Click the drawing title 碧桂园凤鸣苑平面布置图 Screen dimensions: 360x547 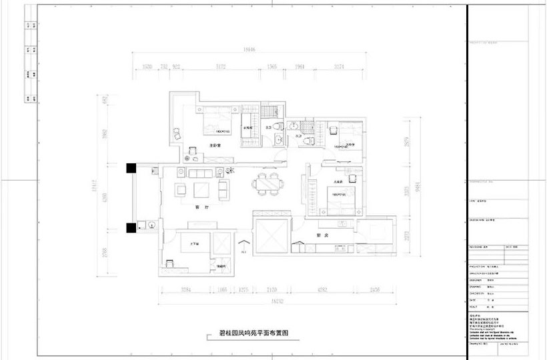pos(253,339)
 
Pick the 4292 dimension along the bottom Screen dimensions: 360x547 pos(322,289)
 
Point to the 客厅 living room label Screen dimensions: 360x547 pos(198,208)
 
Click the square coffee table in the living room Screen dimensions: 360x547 pos(201,191)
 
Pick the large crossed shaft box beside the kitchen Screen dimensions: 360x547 pos(271,233)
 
